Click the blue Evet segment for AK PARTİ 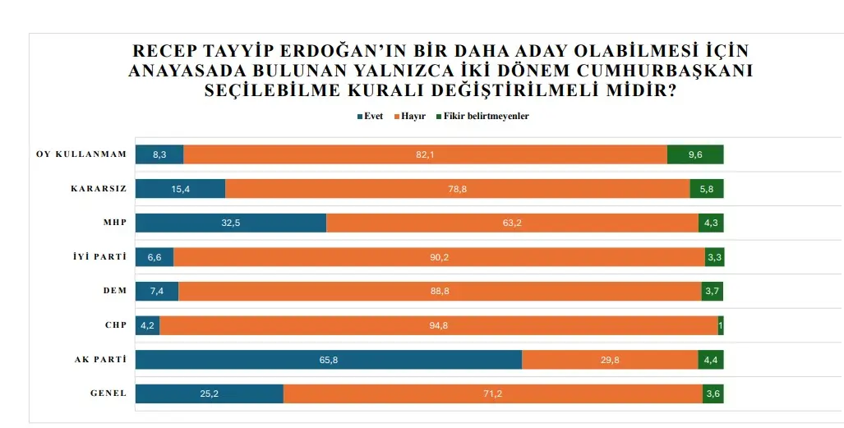point(328,360)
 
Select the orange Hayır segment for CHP point(438,325)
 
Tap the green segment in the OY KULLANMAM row point(695,154)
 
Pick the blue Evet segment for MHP point(230,223)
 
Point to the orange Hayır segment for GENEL point(492,394)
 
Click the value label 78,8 point(458,189)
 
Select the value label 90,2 point(440,257)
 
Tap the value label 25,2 point(209,394)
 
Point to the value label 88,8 point(440,292)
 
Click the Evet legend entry point(370,117)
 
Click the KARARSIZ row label point(99,188)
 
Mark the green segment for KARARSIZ point(707,189)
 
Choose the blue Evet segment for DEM point(156,292)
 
